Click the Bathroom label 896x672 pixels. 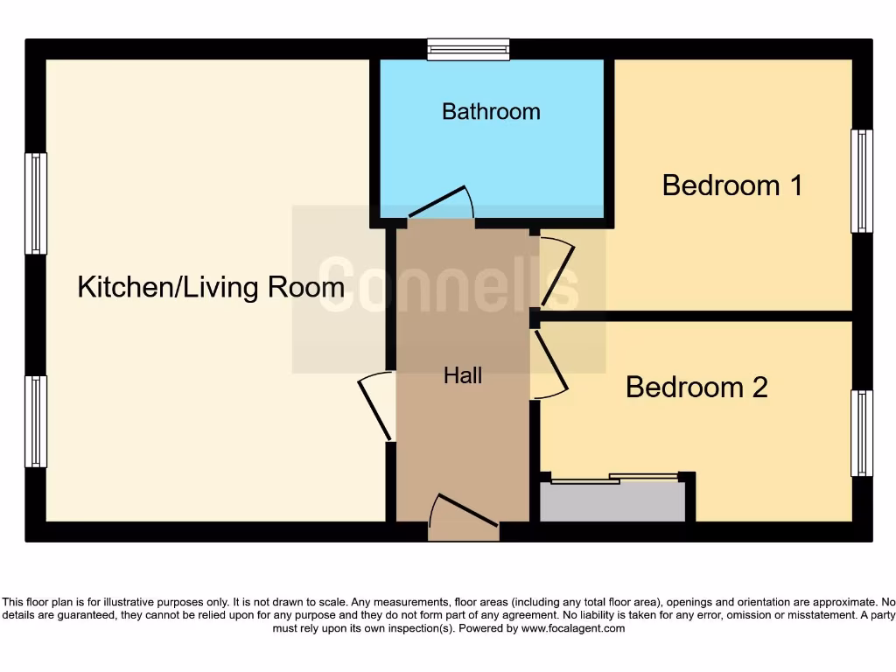click(491, 112)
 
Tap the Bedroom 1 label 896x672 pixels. click(732, 185)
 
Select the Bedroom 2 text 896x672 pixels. click(696, 387)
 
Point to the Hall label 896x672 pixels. click(463, 376)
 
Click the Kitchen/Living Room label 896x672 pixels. click(211, 287)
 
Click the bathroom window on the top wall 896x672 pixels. click(468, 49)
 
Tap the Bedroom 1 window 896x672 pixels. click(862, 181)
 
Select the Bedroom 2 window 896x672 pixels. click(862, 433)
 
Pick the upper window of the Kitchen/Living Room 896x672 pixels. click(35, 204)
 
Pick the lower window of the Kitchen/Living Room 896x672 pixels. click(35, 421)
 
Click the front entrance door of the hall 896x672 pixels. click(464, 515)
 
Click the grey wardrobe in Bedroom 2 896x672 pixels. click(612, 502)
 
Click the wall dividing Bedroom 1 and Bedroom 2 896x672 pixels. click(696, 315)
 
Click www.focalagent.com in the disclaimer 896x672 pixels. click(573, 628)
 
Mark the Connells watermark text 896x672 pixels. click(448, 282)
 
